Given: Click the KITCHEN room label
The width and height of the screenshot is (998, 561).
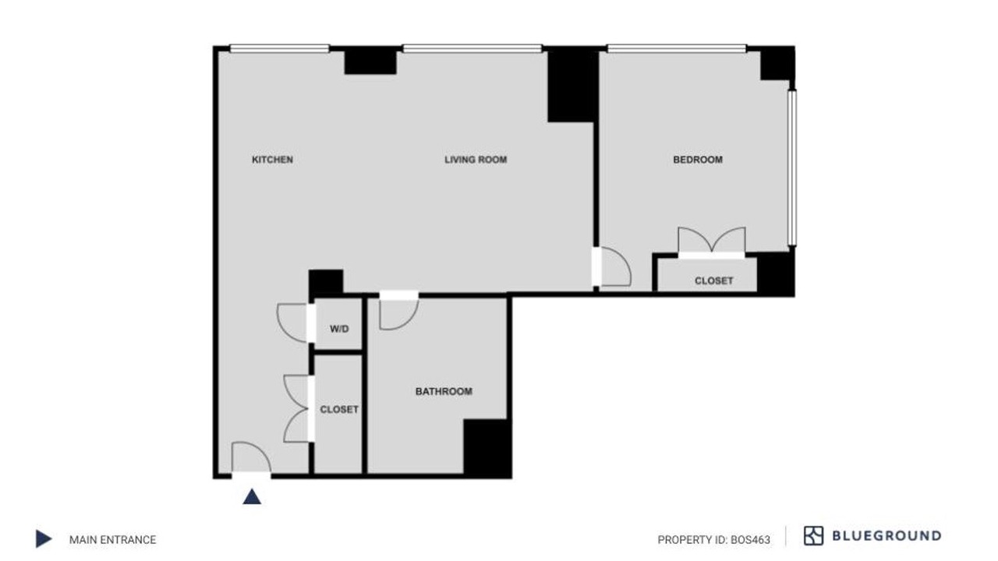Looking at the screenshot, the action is (x=272, y=160).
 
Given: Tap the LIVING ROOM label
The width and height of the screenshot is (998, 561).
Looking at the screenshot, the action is (x=476, y=160).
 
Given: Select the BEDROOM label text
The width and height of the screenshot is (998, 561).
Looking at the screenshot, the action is (x=698, y=160).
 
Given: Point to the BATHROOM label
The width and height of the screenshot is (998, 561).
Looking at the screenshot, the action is (x=444, y=391).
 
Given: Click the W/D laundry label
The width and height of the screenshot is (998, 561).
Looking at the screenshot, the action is (x=339, y=329).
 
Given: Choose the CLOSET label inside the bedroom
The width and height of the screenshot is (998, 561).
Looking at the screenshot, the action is (x=713, y=280).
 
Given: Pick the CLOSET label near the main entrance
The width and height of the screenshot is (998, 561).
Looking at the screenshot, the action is (x=339, y=409).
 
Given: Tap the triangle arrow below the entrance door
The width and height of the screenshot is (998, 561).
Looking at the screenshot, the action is (x=252, y=496).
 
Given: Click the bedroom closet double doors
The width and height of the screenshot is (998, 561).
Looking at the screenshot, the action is (x=712, y=241).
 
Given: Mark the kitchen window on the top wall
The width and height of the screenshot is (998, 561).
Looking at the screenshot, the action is (x=279, y=48).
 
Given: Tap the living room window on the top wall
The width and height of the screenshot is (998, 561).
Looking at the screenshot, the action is (x=472, y=48).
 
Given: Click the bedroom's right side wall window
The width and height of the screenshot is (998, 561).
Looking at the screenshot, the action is (x=791, y=168).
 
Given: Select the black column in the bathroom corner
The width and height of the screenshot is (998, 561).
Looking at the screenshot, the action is (x=487, y=448).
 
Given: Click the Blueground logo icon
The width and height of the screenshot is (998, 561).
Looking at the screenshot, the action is (x=813, y=535).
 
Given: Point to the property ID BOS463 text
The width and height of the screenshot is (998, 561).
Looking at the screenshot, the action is (x=713, y=540).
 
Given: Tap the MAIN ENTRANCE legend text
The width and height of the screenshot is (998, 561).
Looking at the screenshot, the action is (x=113, y=540).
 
